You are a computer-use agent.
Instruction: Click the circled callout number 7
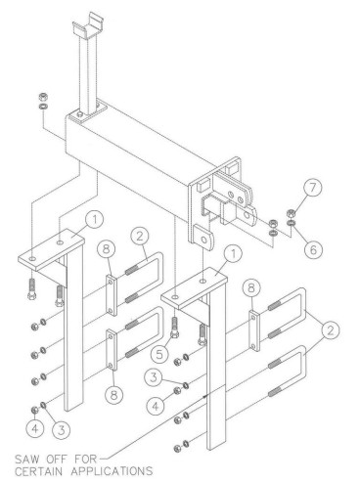[312, 190]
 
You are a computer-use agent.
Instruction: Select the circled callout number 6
[313, 249]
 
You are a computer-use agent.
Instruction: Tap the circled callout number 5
[159, 354]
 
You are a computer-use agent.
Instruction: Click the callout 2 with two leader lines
[330, 331]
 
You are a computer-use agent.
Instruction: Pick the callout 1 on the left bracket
[94, 220]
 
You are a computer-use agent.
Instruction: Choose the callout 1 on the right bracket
[233, 254]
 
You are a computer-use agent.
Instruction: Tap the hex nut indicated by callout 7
[291, 214]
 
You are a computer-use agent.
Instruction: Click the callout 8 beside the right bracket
[250, 288]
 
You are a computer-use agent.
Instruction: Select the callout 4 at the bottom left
[35, 429]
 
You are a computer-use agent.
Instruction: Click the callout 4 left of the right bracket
[156, 406]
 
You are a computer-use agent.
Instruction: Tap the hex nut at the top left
[42, 97]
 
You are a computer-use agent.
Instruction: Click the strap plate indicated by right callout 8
[254, 330]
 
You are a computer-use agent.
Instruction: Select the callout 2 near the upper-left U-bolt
[140, 237]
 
